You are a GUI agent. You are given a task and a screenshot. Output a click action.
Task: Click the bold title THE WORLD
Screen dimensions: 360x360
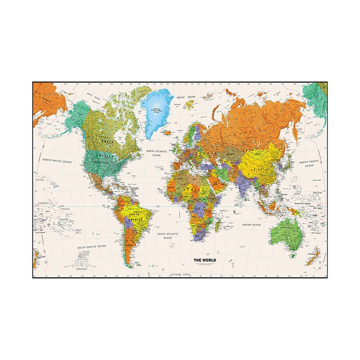[x=205, y=260]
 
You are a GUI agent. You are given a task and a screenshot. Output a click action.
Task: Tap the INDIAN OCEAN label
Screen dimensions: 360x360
[x=251, y=224]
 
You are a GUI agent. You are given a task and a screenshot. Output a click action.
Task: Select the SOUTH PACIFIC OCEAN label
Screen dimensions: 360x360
[x=91, y=247]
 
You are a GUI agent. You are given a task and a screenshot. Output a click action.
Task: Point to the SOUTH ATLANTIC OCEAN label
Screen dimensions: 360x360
[x=168, y=236]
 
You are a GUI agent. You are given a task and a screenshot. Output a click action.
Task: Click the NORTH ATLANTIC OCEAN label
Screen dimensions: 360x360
[x=157, y=153]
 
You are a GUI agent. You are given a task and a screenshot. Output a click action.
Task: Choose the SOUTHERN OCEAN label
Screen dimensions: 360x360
[x=180, y=274]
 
